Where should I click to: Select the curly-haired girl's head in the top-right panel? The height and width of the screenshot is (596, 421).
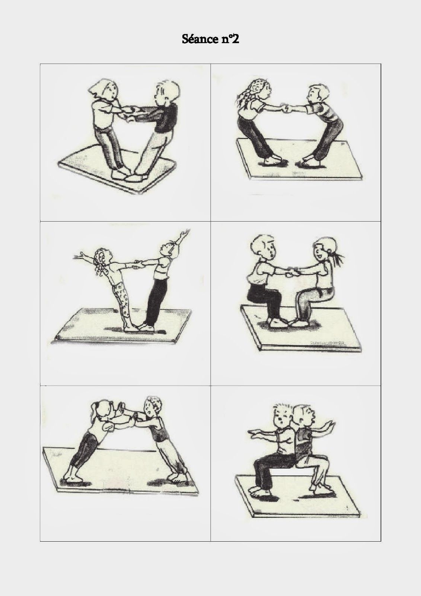click(256, 91)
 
